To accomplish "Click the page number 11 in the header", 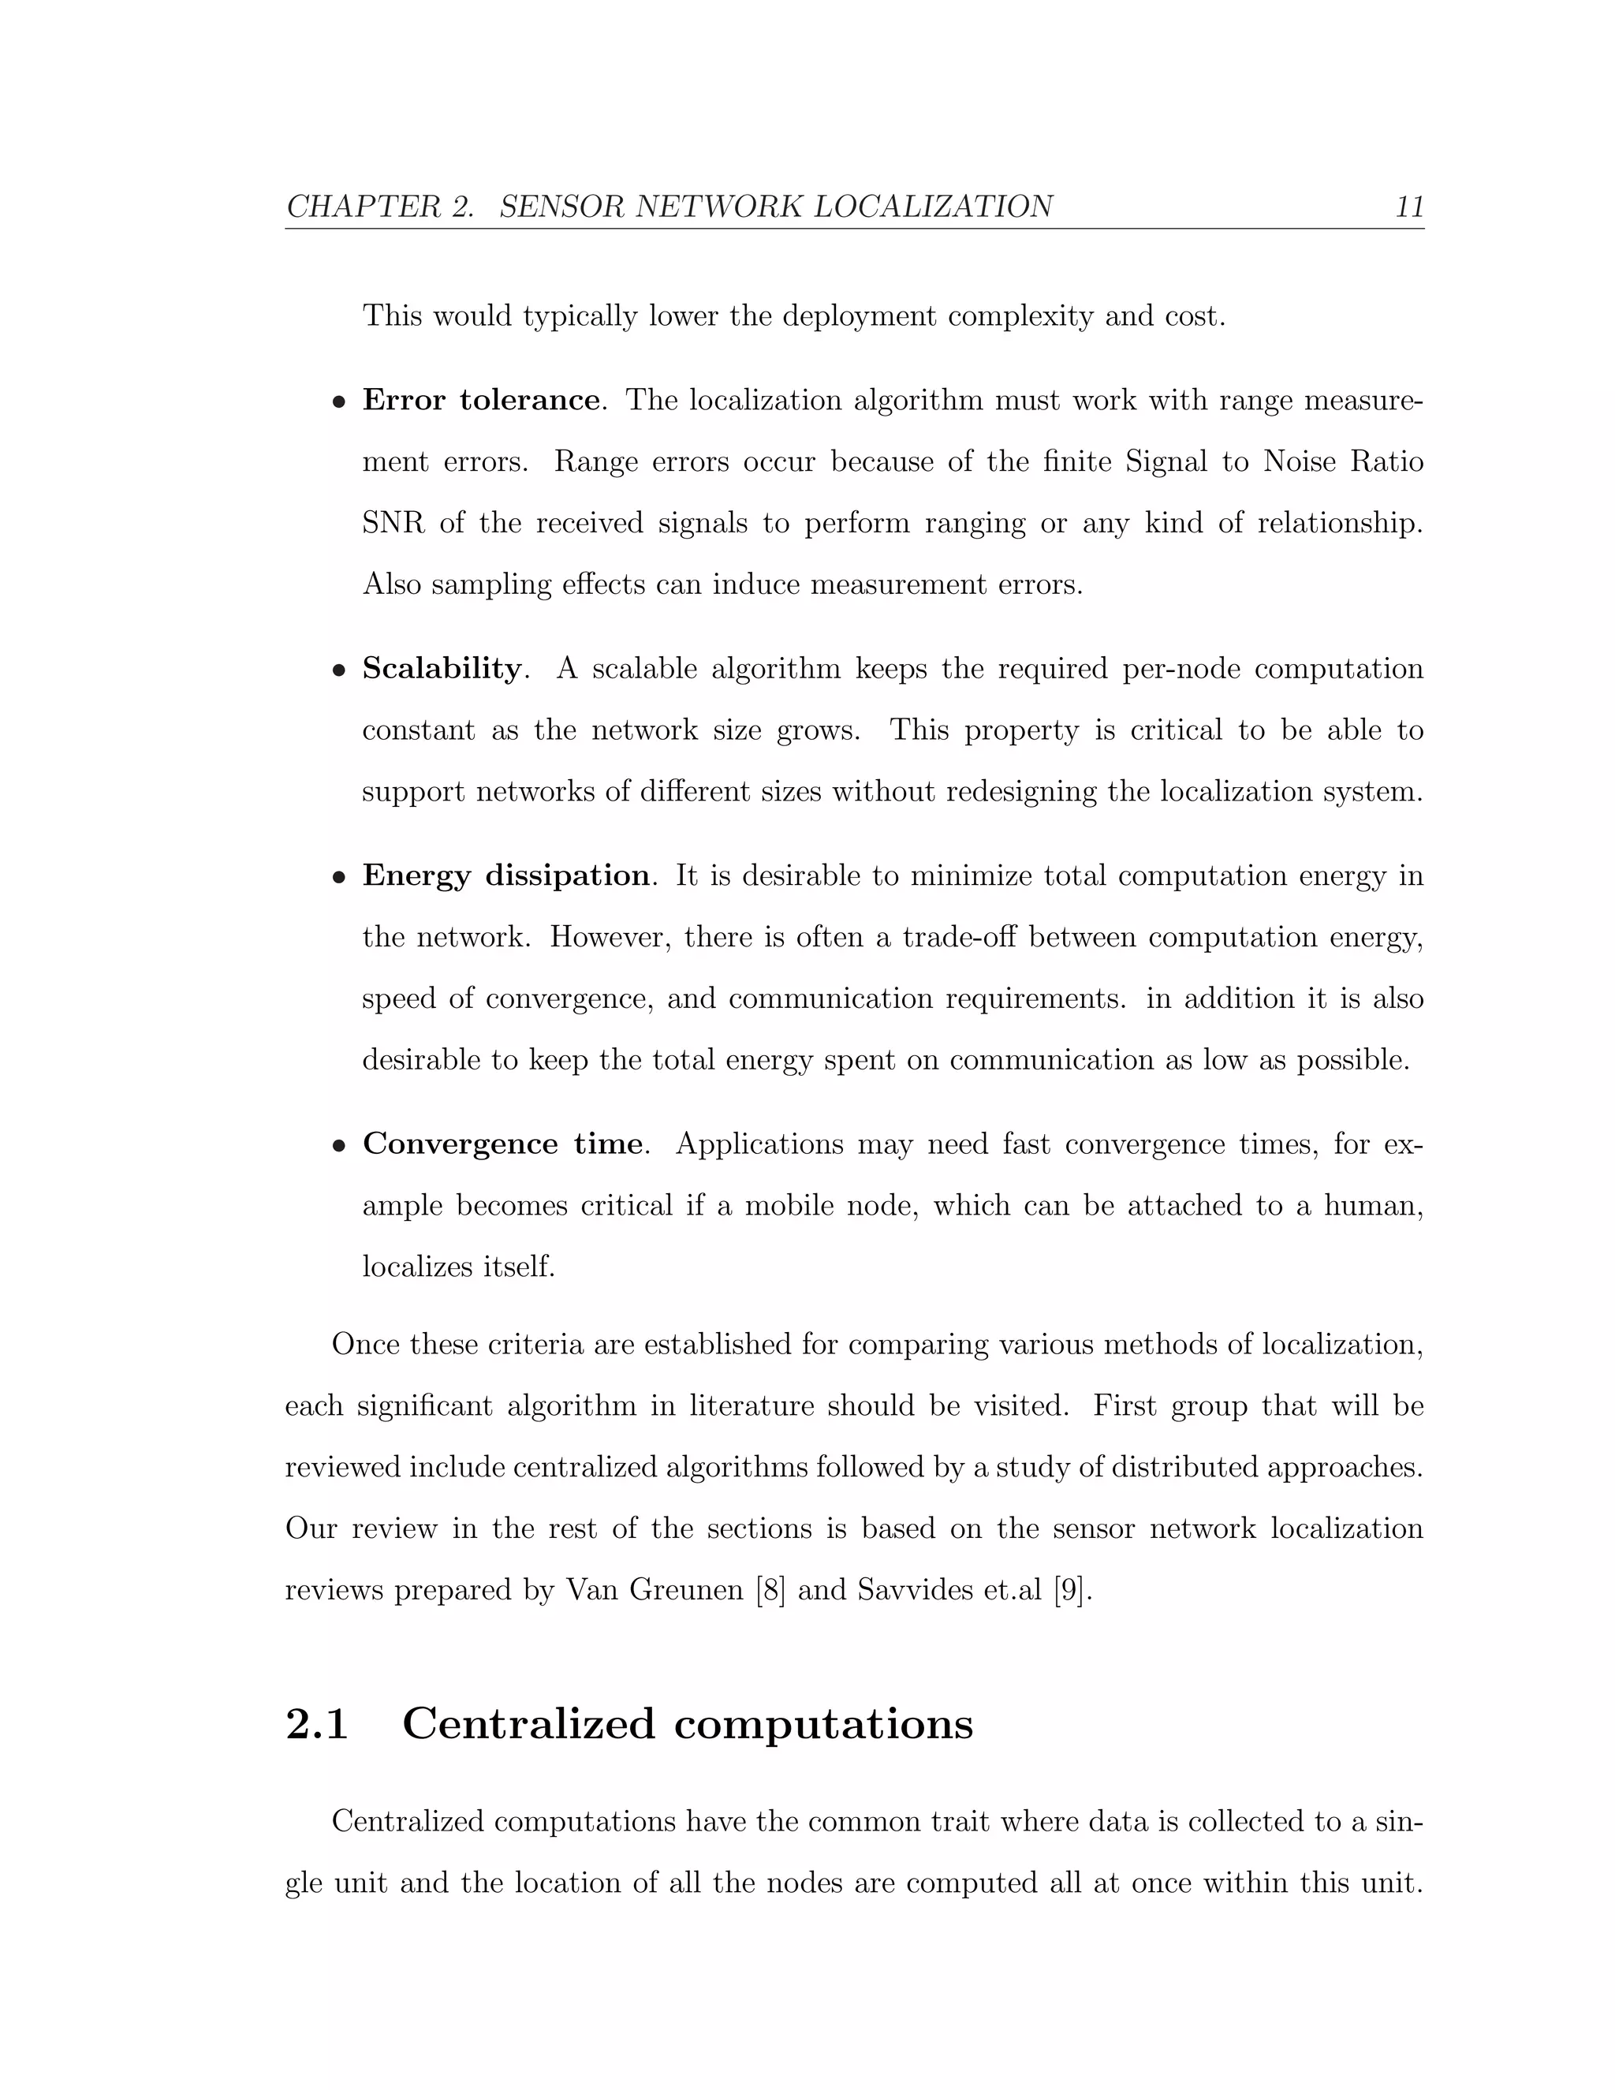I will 1409,207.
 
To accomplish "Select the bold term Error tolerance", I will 481,400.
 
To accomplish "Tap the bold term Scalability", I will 441,668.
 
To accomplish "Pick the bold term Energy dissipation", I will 506,875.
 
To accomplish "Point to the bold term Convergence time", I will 502,1144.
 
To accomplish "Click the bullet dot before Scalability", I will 338,671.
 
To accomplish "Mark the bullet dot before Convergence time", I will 338,1147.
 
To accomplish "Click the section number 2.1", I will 317,1724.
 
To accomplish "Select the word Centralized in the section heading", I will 528,1724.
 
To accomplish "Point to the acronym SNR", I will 393,524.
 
